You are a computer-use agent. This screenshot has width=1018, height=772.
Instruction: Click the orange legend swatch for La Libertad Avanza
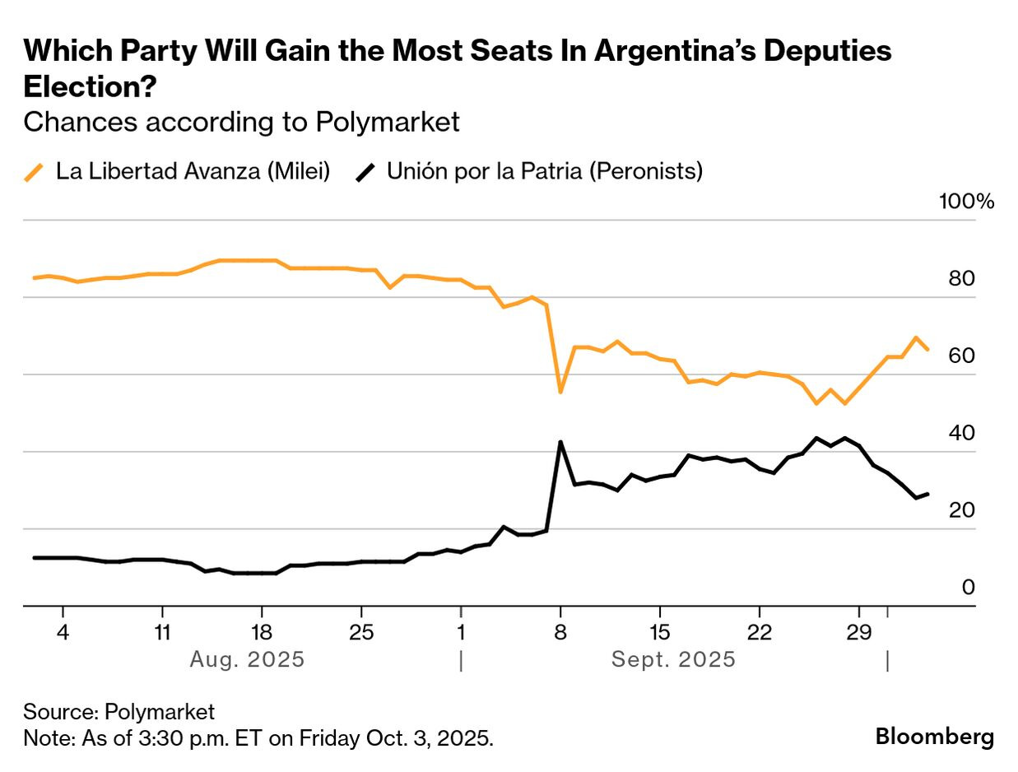pyautogui.click(x=34, y=172)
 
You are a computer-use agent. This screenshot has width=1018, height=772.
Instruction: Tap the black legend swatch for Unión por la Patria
pyautogui.click(x=365, y=172)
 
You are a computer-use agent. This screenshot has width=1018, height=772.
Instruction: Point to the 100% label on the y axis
pyautogui.click(x=966, y=202)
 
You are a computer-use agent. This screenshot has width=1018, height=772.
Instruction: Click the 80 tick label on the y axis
pyautogui.click(x=961, y=279)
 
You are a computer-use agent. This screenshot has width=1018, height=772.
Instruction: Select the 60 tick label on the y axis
pyautogui.click(x=961, y=356)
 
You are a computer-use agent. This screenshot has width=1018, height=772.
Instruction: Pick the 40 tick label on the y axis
pyautogui.click(x=961, y=433)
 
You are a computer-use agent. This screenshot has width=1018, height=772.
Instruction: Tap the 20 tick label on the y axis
pyautogui.click(x=961, y=510)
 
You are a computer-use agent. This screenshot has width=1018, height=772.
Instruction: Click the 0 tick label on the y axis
pyautogui.click(x=968, y=588)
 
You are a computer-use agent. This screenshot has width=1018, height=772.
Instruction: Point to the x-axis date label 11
pyautogui.click(x=162, y=634)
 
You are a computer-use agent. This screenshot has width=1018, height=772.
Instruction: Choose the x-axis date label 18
pyautogui.click(x=262, y=634)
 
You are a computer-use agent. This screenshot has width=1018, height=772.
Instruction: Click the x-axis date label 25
pyautogui.click(x=361, y=634)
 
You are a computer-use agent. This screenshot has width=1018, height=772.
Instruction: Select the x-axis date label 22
pyautogui.click(x=759, y=634)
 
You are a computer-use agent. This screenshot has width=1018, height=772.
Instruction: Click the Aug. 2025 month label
pyautogui.click(x=247, y=660)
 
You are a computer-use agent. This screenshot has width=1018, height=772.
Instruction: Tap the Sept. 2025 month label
pyautogui.click(x=673, y=660)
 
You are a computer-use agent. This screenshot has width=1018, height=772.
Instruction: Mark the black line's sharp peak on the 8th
pyautogui.click(x=560, y=443)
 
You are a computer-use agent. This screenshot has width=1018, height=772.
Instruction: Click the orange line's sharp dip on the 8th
pyautogui.click(x=560, y=392)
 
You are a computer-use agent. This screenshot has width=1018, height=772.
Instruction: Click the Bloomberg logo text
pyautogui.click(x=934, y=736)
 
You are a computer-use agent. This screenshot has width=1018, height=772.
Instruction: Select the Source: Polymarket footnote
pyautogui.click(x=119, y=711)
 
